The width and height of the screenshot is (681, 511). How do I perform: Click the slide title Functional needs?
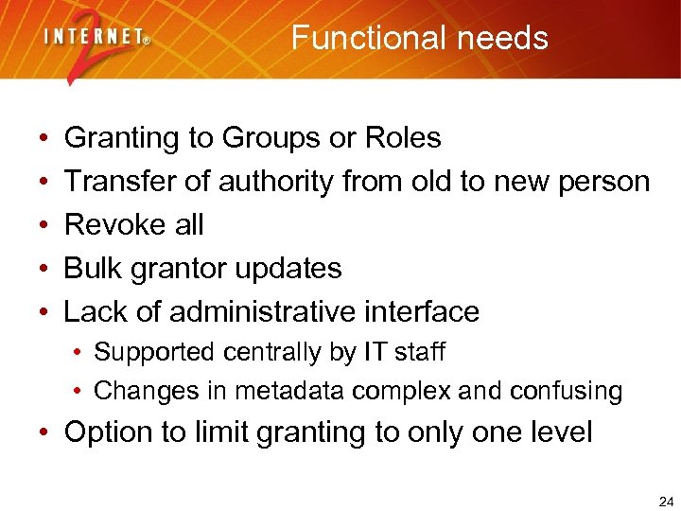point(419,38)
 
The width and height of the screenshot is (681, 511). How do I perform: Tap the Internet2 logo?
point(95,43)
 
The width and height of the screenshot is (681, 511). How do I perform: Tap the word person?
point(603,182)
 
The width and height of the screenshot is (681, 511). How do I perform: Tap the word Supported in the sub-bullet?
point(153,353)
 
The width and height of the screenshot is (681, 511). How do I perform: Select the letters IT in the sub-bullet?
point(372,352)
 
